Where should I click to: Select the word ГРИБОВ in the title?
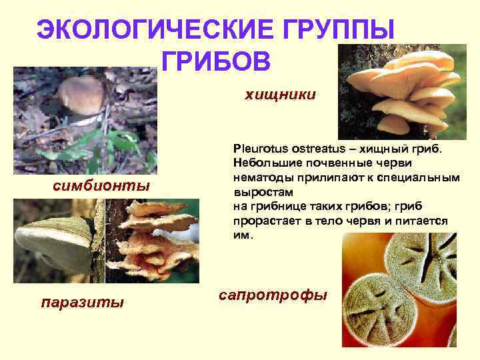click(215, 61)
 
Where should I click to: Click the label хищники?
click(280, 95)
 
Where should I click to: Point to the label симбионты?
click(101, 185)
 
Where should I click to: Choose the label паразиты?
click(83, 302)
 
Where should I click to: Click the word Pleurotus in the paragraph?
click(257, 145)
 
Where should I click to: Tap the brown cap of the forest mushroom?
click(81, 93)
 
